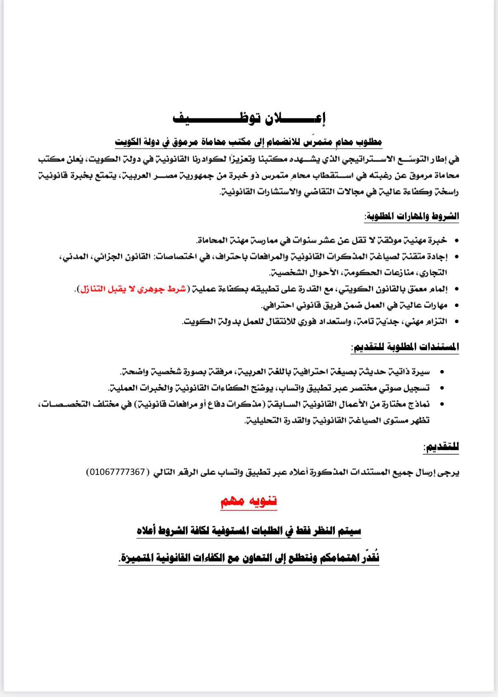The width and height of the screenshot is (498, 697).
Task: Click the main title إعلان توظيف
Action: coord(249,118)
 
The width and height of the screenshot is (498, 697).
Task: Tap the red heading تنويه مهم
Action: coord(249,501)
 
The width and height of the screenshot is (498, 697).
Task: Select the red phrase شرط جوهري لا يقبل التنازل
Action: coord(133,289)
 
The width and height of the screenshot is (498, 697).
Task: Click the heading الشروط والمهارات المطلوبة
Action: coord(411,216)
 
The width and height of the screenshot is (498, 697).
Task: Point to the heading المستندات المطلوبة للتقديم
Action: coord(405,347)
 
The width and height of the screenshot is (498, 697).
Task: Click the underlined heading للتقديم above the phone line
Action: coord(441,447)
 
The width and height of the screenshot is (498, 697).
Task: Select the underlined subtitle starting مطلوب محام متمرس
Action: coord(249,142)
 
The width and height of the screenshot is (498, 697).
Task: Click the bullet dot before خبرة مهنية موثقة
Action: coord(456,240)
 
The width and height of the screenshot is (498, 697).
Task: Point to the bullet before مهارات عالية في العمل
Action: coord(456,305)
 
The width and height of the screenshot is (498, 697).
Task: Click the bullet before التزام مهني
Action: coord(456,321)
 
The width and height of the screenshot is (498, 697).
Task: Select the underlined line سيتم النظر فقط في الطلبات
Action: coord(249,530)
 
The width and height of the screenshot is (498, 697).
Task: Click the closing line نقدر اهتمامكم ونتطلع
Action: coord(249,558)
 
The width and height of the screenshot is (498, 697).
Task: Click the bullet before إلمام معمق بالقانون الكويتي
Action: coord(456,289)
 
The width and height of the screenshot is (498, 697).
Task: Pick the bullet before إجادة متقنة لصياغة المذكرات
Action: coord(456,257)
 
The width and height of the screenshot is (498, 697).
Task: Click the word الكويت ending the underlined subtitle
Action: coord(127,142)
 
